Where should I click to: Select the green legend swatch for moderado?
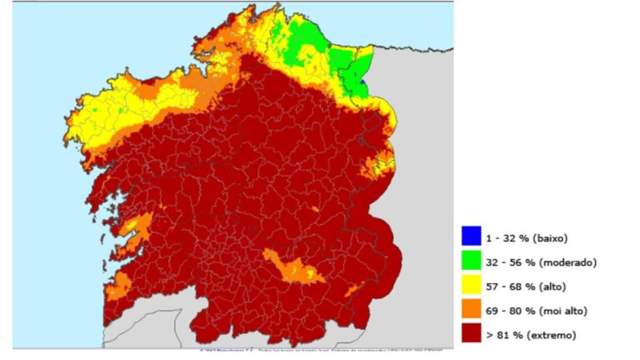(x=471, y=261)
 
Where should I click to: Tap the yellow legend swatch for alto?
(x=471, y=286)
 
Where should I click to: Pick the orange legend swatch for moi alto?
(x=471, y=309)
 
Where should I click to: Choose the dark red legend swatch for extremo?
(x=471, y=334)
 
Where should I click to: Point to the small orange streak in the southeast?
(x=354, y=289)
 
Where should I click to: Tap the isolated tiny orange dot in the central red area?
(x=315, y=210)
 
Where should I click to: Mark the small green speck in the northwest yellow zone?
(x=95, y=110)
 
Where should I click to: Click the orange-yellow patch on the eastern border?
(x=378, y=166)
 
